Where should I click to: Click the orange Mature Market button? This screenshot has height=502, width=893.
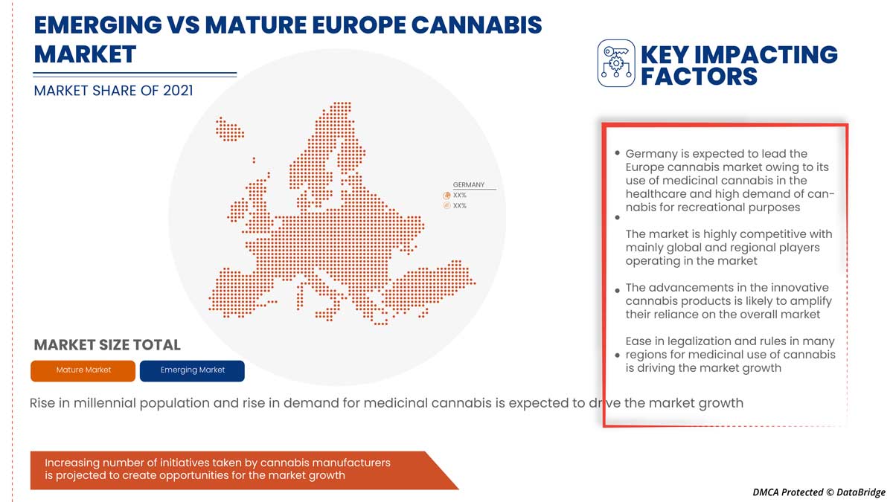coord(83,371)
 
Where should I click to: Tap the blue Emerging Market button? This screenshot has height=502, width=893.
coord(192,371)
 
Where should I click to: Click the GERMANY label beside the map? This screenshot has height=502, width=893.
coord(468,185)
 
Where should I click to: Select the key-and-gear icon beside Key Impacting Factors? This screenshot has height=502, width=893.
coord(616,63)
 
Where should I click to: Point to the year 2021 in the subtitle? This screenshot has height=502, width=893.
coord(178,91)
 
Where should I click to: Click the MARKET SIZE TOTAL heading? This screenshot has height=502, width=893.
coord(107,345)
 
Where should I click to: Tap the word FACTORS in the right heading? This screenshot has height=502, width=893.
coord(699,77)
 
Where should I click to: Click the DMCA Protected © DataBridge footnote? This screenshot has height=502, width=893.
coord(819,492)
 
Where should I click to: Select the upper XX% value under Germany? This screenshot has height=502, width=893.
coord(460,195)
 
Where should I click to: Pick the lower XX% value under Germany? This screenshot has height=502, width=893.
coord(460,205)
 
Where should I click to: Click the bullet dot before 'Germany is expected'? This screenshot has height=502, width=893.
coord(617,153)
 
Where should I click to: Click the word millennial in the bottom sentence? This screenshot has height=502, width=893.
coord(105,403)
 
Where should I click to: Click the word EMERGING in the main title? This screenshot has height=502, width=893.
coord(98,25)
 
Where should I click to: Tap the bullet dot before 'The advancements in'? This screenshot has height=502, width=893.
coord(617,291)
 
